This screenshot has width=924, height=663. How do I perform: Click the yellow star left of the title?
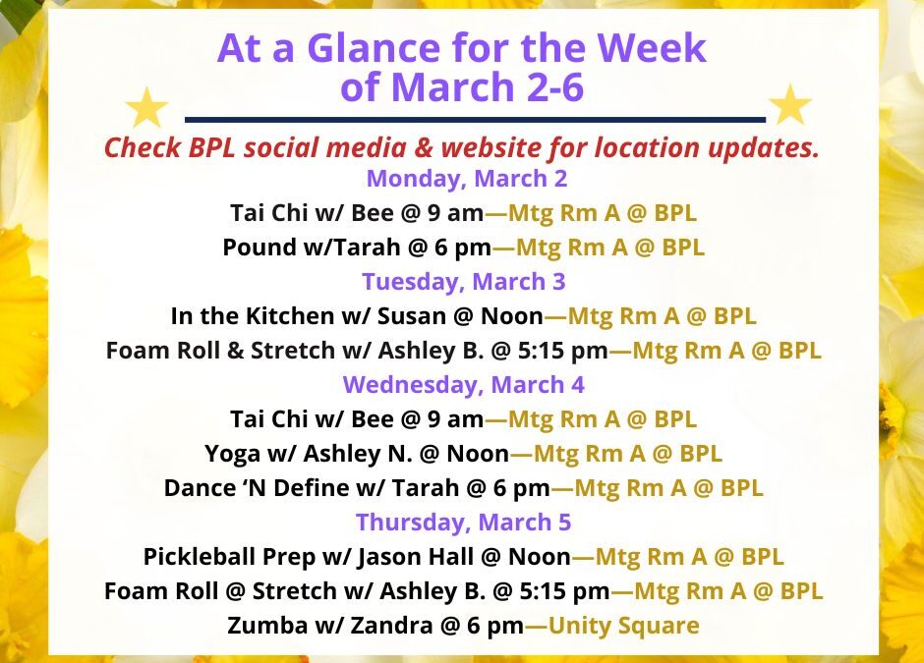[147, 107]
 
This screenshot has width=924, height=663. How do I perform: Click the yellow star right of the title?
[789, 105]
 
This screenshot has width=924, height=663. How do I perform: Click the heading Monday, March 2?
[467, 179]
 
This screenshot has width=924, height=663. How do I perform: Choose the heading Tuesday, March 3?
[464, 282]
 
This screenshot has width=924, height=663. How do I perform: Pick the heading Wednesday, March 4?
[462, 384]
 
